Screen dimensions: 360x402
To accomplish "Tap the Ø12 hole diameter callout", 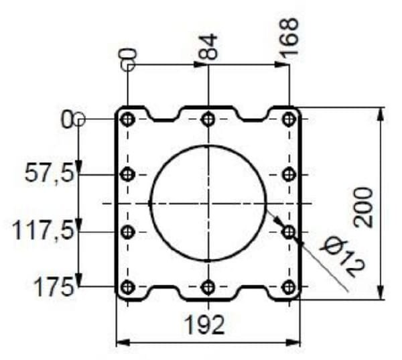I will pyautogui.click(x=342, y=255).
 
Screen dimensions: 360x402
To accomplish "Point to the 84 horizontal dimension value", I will pyautogui.click(x=210, y=48).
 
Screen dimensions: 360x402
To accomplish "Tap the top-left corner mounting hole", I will pyautogui.click(x=127, y=119).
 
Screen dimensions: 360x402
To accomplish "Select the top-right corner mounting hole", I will pyautogui.click(x=289, y=119).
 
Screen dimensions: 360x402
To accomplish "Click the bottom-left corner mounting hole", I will pyautogui.click(x=127, y=288).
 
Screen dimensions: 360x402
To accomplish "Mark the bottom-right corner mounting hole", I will pyautogui.click(x=289, y=288).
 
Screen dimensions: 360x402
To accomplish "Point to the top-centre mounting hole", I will pyautogui.click(x=208, y=119).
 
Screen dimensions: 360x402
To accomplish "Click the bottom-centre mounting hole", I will pyautogui.click(x=208, y=288).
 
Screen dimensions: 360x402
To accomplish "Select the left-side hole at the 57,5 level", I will pyautogui.click(x=127, y=175).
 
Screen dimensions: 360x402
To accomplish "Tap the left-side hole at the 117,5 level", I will pyautogui.click(x=127, y=232).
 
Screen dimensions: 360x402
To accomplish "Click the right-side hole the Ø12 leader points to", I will pyautogui.click(x=289, y=232).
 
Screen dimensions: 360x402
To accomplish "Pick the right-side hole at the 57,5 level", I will pyautogui.click(x=289, y=175).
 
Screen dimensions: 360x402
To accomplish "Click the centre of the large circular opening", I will pyautogui.click(x=208, y=203).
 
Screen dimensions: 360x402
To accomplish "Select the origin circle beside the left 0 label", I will pyautogui.click(x=79, y=119).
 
